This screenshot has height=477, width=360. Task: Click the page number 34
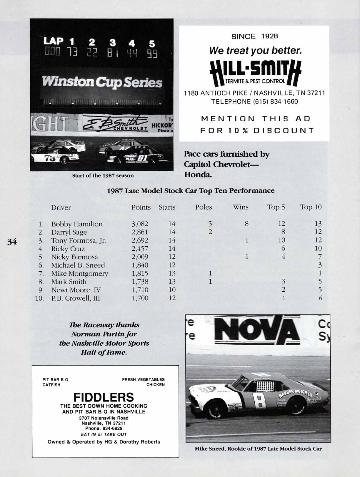[12, 242]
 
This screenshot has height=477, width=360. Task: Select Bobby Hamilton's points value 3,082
[140, 224]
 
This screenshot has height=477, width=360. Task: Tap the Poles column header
[203, 207]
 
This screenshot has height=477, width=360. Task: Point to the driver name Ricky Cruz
[68, 249]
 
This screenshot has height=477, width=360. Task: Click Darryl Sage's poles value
[210, 232]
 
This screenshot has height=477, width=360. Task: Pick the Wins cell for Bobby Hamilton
[246, 224]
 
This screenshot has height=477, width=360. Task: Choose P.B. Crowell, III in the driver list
[76, 298]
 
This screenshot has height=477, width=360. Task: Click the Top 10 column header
[311, 207]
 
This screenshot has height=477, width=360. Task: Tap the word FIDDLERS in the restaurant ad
[104, 397]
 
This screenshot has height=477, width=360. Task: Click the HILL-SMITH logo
[255, 73]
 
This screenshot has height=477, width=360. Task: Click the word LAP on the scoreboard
[53, 41]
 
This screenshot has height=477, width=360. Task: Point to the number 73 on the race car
[50, 158]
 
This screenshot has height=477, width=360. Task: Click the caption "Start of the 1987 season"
[103, 176]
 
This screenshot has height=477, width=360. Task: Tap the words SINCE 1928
[254, 36]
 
